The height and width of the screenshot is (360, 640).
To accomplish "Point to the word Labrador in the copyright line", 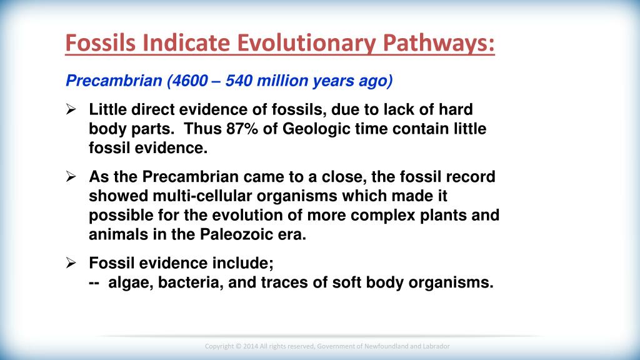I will point(435,346).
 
